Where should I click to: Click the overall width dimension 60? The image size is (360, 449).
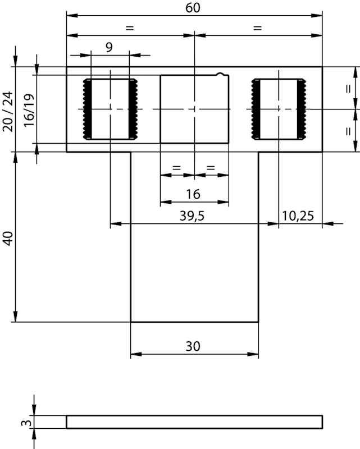tap(193, 8)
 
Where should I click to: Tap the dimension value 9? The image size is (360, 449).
tap(109, 47)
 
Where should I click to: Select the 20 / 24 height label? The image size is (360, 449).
tap(8, 112)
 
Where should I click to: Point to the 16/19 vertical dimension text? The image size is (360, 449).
tap(29, 110)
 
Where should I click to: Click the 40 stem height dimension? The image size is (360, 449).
tap(8, 239)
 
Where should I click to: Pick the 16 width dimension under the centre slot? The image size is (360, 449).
tap(193, 194)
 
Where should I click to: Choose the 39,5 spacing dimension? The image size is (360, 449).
tap(192, 216)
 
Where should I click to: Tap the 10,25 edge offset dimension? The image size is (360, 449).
tap(298, 216)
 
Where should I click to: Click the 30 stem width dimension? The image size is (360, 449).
tap(193, 346)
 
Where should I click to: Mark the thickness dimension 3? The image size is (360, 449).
tap(26, 423)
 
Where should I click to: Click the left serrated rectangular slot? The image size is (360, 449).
tap(110, 109)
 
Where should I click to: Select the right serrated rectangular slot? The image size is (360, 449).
tap(279, 109)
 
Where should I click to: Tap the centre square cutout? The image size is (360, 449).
tap(194, 109)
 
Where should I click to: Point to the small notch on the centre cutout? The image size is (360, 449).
tap(220, 74)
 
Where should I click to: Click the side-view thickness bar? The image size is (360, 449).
tap(194, 422)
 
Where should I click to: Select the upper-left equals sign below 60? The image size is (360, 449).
tap(130, 28)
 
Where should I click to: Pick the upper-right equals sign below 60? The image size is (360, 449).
tap(258, 28)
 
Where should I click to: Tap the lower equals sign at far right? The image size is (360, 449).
tap(348, 131)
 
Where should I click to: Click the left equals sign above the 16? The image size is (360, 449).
tap(176, 167)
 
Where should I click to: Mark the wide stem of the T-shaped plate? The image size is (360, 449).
tap(194, 237)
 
